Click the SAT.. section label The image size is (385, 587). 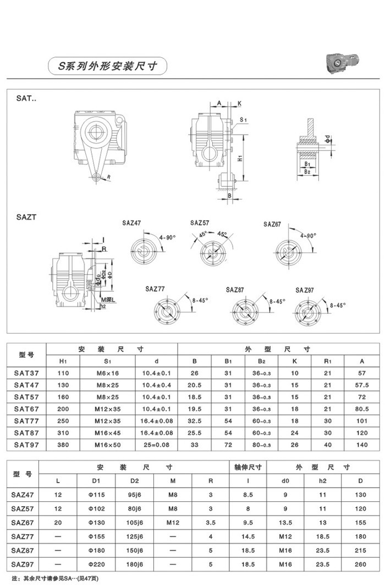(26, 98)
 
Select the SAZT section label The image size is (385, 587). (26, 217)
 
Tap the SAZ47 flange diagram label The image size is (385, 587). (131, 223)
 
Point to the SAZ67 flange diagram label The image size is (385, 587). (272, 224)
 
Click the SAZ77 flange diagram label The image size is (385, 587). (155, 289)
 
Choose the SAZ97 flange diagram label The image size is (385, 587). (304, 290)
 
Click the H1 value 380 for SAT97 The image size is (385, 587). (63, 445)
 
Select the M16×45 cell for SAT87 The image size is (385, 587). (107, 433)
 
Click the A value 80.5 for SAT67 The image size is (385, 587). (361, 408)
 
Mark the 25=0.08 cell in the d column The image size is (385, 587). (156, 445)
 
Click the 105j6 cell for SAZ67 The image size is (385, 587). (135, 523)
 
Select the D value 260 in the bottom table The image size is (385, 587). (360, 564)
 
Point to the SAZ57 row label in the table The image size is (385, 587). (23, 509)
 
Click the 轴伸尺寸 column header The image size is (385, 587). (248, 468)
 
